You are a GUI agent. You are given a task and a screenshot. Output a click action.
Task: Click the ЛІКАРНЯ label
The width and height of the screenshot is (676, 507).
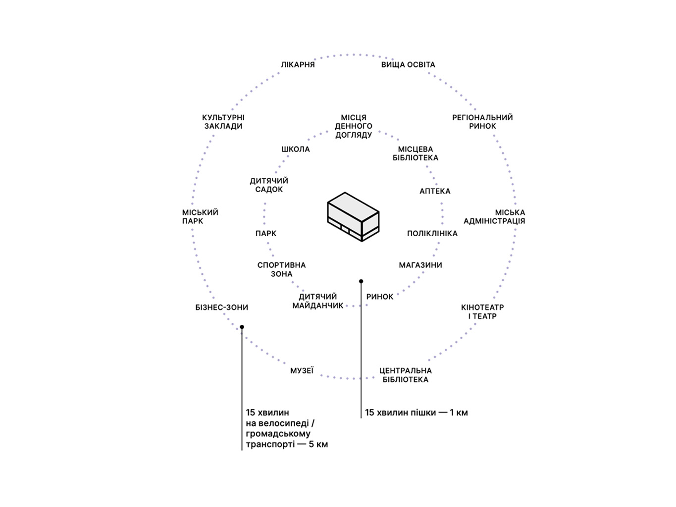(x=298, y=65)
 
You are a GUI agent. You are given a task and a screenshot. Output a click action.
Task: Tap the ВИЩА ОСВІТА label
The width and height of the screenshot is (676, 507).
(x=408, y=65)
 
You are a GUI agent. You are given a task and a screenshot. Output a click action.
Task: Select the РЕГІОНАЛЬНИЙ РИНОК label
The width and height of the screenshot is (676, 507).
(x=482, y=122)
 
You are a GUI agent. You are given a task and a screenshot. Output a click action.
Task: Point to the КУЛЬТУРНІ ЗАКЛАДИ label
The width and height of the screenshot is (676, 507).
(x=223, y=122)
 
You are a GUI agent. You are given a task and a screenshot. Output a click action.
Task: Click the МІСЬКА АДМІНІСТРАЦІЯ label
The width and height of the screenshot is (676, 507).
(x=494, y=217)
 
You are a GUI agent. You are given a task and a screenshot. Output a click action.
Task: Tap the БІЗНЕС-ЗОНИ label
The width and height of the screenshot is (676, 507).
(x=221, y=307)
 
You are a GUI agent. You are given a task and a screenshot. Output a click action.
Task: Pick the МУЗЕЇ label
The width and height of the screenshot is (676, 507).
(x=302, y=371)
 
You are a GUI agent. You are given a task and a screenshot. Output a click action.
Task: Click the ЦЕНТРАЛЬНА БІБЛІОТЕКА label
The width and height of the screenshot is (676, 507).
(x=406, y=375)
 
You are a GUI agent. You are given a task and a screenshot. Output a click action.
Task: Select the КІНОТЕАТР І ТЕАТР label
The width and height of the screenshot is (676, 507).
(x=482, y=312)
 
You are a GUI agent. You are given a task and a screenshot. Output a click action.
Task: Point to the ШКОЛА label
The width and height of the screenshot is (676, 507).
(x=296, y=150)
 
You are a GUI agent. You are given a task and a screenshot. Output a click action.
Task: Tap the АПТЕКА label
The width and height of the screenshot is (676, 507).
(x=435, y=191)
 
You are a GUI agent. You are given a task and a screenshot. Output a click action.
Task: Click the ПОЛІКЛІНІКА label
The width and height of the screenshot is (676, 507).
(x=432, y=234)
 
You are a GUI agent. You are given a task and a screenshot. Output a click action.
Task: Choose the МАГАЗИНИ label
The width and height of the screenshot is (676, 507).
(x=420, y=265)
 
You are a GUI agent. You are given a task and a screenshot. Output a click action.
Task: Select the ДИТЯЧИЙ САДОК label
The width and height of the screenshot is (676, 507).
(x=269, y=185)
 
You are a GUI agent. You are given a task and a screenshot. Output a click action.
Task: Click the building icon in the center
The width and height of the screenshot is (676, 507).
(x=353, y=216)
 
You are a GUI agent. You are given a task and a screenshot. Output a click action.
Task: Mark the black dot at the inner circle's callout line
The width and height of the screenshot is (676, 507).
(x=361, y=281)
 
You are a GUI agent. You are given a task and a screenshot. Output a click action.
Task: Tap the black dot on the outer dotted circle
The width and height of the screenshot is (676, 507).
(x=242, y=327)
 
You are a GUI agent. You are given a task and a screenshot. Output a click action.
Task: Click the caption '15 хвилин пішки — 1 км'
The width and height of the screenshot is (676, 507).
(x=416, y=413)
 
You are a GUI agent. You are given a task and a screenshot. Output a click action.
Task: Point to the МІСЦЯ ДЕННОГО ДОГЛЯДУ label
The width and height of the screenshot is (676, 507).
(x=354, y=126)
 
